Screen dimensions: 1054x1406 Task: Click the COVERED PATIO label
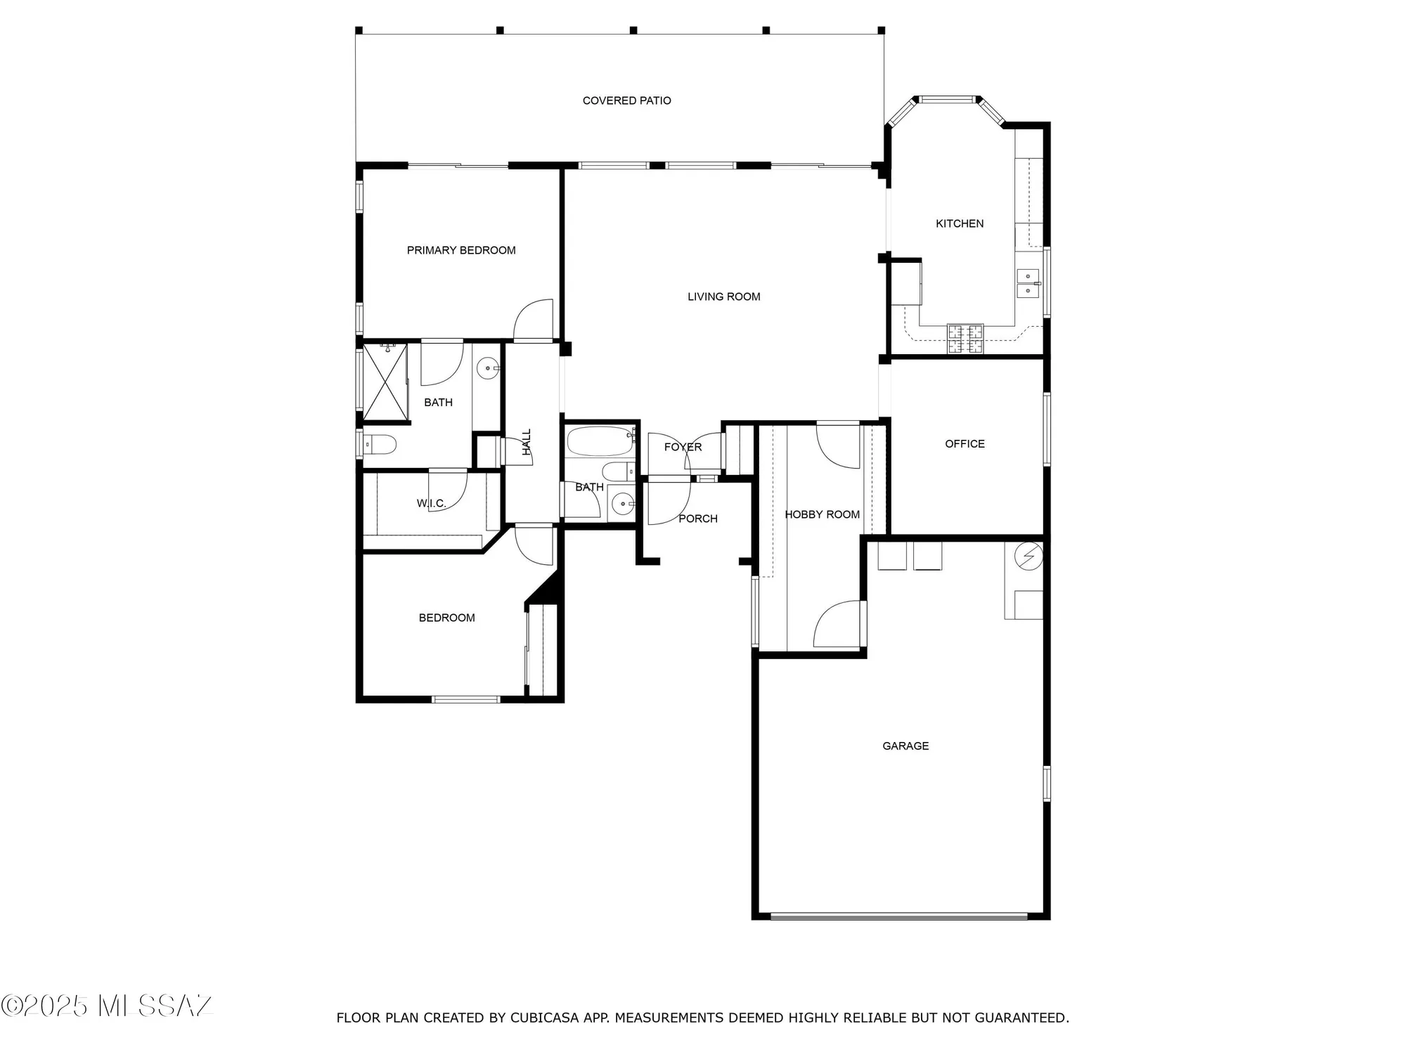pos(626,100)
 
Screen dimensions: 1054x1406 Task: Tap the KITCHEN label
pos(959,223)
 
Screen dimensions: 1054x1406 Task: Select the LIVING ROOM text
pos(723,297)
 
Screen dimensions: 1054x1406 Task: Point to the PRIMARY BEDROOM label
pos(461,250)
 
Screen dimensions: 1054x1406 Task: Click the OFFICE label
pos(965,443)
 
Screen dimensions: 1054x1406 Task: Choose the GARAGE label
pos(905,746)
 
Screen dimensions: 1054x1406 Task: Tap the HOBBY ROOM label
pos(822,514)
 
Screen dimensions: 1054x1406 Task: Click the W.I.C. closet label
pos(431,503)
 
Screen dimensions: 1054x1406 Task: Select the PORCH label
pos(697,519)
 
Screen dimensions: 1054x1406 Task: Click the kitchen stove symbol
pos(965,339)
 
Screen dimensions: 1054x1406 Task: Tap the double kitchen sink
pos(1028,283)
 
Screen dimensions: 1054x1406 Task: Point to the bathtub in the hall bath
pos(600,441)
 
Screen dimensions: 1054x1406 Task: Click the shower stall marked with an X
pos(385,382)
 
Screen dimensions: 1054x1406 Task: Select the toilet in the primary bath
pos(380,444)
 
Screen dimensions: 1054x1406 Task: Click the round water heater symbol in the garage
pos(1028,557)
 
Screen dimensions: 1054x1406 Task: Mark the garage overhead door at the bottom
pos(899,916)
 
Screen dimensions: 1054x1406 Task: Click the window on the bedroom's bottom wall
pos(465,699)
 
